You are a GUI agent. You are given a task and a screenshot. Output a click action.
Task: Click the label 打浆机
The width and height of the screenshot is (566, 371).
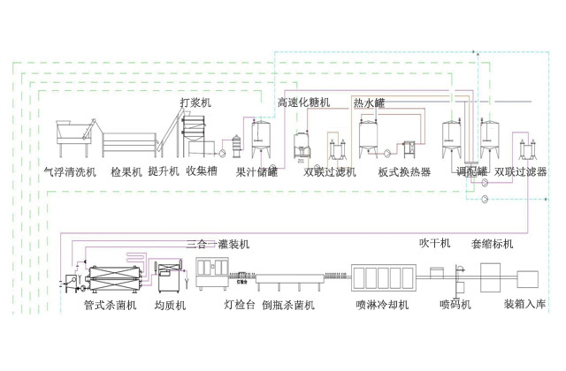coord(195,102)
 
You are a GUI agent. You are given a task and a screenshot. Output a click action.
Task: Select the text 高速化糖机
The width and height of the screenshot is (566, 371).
coord(303,103)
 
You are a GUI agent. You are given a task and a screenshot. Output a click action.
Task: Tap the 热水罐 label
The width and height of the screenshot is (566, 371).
coord(370,103)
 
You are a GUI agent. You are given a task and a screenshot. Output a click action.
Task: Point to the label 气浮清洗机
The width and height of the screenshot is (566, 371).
coord(69,171)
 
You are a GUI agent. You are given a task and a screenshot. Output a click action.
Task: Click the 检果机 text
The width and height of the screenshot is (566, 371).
coord(126,171)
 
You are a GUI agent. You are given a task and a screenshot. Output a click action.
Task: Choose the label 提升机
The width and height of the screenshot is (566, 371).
coord(164,171)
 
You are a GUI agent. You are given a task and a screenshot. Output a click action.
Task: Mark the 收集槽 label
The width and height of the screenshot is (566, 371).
coord(203,171)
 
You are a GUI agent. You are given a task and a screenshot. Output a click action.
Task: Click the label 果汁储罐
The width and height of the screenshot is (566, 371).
coord(256,171)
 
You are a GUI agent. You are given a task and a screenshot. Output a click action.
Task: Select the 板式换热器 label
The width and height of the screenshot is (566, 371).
coord(404,171)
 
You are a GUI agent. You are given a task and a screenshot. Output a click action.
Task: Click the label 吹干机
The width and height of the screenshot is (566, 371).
coord(435,243)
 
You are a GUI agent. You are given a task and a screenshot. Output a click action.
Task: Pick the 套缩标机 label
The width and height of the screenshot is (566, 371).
coord(493,243)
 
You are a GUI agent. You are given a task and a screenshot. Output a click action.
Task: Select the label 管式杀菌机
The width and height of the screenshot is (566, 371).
coord(110,306)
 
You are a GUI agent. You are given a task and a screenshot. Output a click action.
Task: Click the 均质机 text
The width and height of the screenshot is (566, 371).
coord(169,306)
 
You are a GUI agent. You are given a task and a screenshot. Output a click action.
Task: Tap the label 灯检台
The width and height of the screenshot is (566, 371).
coord(239,306)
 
